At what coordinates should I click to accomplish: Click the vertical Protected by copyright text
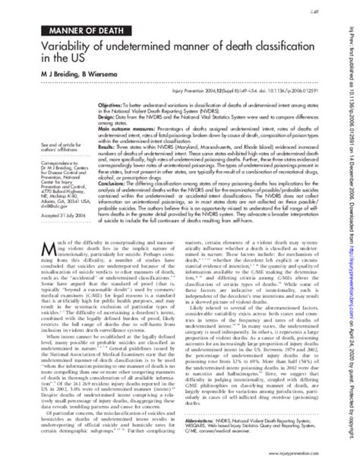click(351, 392)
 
